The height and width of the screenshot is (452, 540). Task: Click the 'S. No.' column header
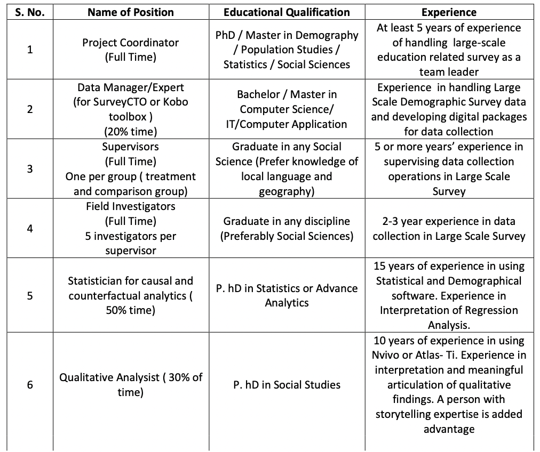click(30, 12)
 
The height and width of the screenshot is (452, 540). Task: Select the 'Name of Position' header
click(131, 12)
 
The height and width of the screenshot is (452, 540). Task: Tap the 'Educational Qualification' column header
click(287, 12)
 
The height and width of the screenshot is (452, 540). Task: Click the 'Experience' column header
click(449, 12)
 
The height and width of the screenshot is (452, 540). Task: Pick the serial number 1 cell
click(30, 50)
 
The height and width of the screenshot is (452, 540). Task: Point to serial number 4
click(30, 228)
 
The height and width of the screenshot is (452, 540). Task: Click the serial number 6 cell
click(30, 384)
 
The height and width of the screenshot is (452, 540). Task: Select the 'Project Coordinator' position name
click(131, 43)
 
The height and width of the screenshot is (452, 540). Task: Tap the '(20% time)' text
click(131, 131)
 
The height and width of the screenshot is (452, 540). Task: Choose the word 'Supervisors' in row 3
click(131, 146)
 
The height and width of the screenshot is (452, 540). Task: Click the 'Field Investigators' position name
click(131, 206)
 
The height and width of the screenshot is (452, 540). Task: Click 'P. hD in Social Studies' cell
click(287, 384)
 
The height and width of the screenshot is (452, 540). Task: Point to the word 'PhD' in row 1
click(227, 35)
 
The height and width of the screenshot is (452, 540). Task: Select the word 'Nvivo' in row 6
click(390, 355)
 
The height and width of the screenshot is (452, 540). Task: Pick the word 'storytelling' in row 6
click(406, 414)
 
